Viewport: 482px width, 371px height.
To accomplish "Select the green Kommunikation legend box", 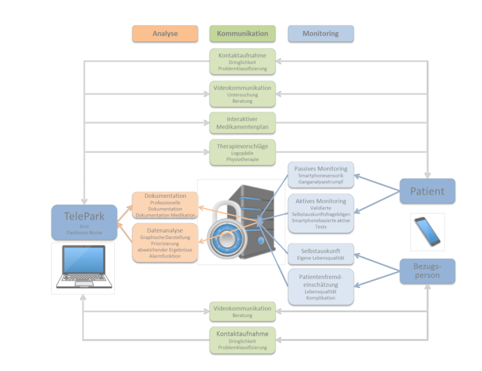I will [x=242, y=34].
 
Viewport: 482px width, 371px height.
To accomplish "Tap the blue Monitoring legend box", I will [x=320, y=34].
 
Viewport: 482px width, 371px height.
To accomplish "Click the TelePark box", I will [x=84, y=222].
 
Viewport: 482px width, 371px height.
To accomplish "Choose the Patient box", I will [x=427, y=191].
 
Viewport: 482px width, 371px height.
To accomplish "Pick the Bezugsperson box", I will [x=427, y=271].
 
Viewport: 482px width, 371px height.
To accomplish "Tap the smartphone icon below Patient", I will [x=427, y=231].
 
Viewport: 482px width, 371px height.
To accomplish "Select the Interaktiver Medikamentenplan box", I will [x=242, y=122].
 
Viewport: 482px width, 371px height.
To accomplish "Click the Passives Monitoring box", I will [x=320, y=175].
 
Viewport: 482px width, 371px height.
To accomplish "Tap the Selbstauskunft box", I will [x=320, y=253].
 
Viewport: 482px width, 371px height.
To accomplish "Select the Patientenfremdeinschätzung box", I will [x=320, y=286].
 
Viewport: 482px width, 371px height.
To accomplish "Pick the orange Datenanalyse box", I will [x=165, y=242].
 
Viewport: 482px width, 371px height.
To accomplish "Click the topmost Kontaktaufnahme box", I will [x=242, y=62].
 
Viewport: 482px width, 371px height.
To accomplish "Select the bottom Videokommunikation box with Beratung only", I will [x=242, y=311].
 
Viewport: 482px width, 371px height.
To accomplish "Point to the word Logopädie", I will [x=242, y=153].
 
